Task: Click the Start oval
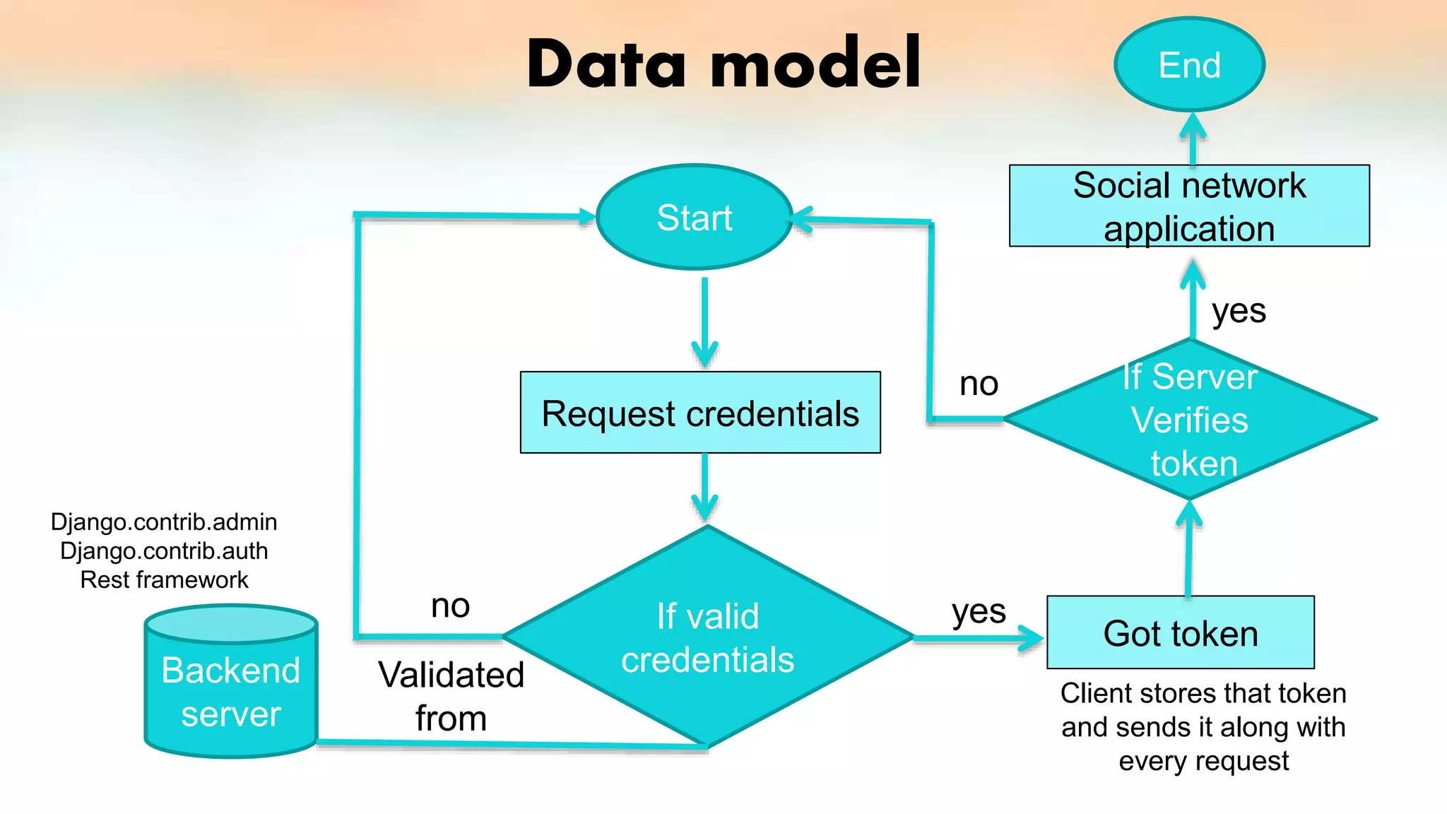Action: (x=695, y=217)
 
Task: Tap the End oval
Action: (x=1189, y=65)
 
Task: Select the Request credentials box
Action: (x=700, y=413)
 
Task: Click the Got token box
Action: (x=1181, y=633)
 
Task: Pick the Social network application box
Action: (x=1189, y=206)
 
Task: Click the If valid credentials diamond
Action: (x=707, y=637)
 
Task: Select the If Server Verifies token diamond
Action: (x=1190, y=420)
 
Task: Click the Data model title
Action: (x=723, y=64)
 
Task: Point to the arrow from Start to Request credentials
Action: (x=704, y=322)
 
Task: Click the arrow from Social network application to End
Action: (x=1193, y=138)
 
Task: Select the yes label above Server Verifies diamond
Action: (x=1239, y=311)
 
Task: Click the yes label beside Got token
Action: (x=979, y=611)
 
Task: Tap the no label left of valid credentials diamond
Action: (x=450, y=606)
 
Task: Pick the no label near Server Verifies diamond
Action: (x=979, y=384)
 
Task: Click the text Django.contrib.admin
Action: (x=164, y=522)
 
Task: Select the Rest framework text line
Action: (x=164, y=580)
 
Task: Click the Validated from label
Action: (x=451, y=696)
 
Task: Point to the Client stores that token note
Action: (x=1203, y=727)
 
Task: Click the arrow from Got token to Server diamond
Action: (x=1188, y=551)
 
